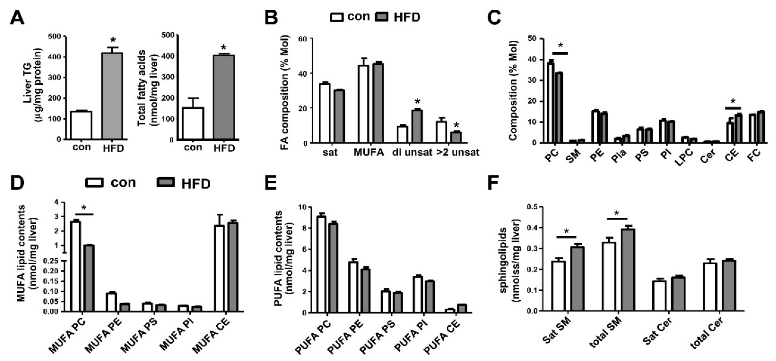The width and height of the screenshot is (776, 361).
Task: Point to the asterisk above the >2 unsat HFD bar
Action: [456, 125]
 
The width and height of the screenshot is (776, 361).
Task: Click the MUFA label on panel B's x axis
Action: [369, 152]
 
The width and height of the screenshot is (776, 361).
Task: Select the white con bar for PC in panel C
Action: [550, 103]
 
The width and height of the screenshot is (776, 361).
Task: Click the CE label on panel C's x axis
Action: [731, 154]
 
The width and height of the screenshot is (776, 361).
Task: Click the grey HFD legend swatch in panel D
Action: [166, 182]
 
